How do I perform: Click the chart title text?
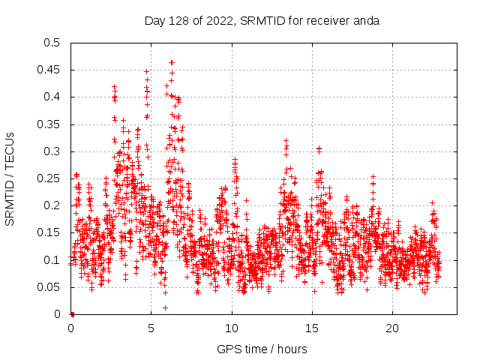262,20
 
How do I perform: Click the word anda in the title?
367,20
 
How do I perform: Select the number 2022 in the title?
217,20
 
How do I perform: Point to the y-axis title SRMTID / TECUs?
10,178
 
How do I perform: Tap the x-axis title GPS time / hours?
262,349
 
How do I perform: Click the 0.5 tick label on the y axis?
52,43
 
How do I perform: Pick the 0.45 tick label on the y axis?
49,70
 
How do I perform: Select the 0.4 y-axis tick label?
52,97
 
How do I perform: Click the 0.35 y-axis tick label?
49,124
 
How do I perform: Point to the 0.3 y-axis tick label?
52,151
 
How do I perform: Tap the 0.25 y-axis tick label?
49,178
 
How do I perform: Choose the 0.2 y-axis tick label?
52,205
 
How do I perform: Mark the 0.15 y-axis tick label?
49,233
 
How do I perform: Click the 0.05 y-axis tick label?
49,287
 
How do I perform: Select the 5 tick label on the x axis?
151,328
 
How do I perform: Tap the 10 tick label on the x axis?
232,328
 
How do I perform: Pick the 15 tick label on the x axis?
312,328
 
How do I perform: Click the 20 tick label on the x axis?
392,328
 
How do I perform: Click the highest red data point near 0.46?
172,62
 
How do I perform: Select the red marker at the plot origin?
72,313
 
